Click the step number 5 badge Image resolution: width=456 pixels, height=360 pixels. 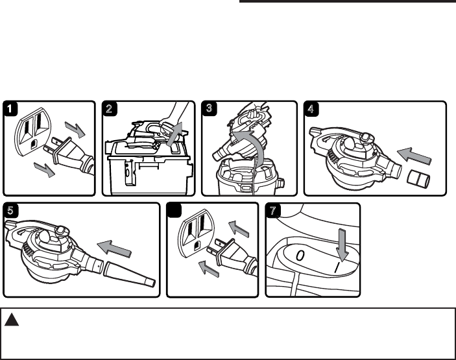click(11, 211)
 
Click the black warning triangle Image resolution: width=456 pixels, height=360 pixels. click(13, 319)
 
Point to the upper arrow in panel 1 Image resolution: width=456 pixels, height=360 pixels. click(75, 131)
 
